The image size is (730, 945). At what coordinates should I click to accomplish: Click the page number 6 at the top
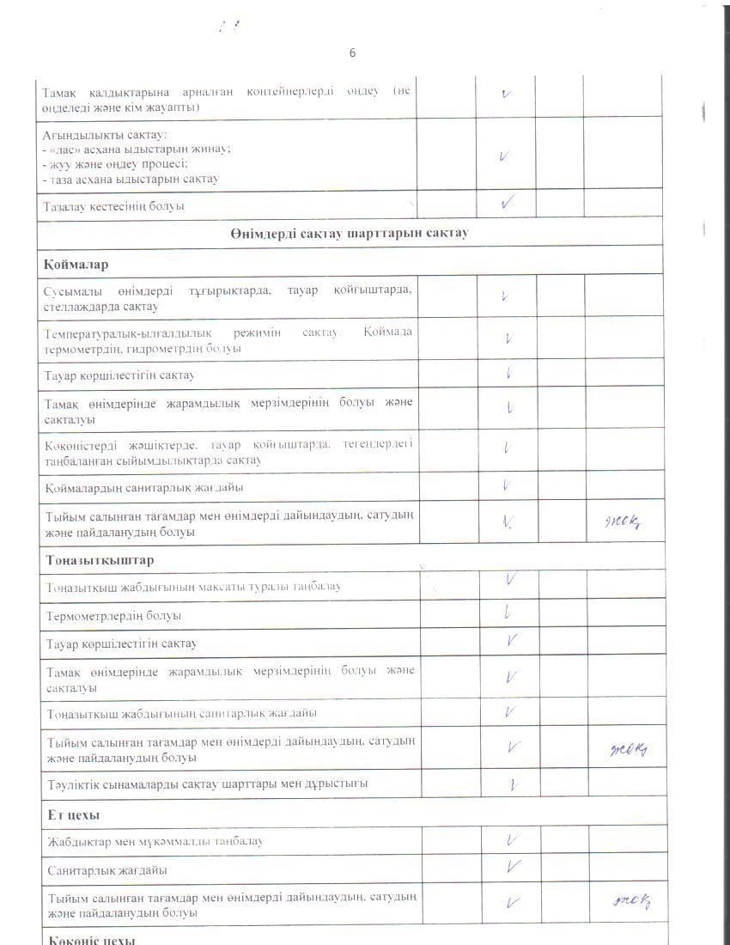(x=352, y=53)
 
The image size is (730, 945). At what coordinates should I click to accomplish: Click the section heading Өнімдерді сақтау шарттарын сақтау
(x=349, y=234)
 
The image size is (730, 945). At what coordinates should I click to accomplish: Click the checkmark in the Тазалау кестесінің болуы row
(x=507, y=204)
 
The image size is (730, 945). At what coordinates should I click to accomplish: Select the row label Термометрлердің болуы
(x=113, y=615)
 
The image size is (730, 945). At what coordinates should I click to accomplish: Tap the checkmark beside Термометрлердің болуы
(x=508, y=613)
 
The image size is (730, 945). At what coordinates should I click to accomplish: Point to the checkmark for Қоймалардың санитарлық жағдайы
(x=508, y=485)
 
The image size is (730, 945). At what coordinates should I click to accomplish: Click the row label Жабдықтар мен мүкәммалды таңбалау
(x=155, y=841)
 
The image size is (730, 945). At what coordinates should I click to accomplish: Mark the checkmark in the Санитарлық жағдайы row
(x=513, y=867)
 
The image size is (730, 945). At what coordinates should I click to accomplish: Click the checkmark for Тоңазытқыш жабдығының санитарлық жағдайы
(x=510, y=711)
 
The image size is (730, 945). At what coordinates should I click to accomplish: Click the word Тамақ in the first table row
(x=58, y=92)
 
